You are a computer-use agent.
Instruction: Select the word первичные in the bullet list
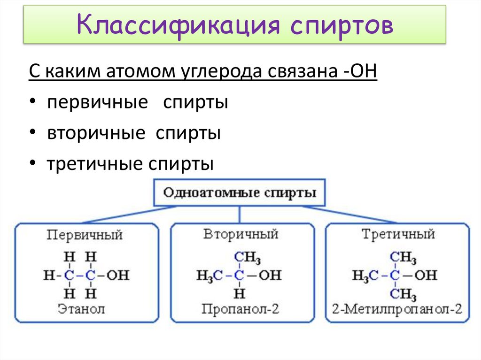tap(97, 102)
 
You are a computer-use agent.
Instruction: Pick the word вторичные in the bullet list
tap(96, 133)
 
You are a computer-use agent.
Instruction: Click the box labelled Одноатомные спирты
tap(239, 193)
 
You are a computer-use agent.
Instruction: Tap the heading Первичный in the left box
tap(85, 235)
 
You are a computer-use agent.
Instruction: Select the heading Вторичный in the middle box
tap(240, 234)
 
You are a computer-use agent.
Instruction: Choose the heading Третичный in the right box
tap(398, 234)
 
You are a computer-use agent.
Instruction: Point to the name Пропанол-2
tap(240, 309)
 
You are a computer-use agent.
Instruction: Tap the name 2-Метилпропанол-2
tap(397, 309)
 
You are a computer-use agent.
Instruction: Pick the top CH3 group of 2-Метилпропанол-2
tap(404, 258)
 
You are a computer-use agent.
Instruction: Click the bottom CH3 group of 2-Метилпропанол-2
tap(404, 294)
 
